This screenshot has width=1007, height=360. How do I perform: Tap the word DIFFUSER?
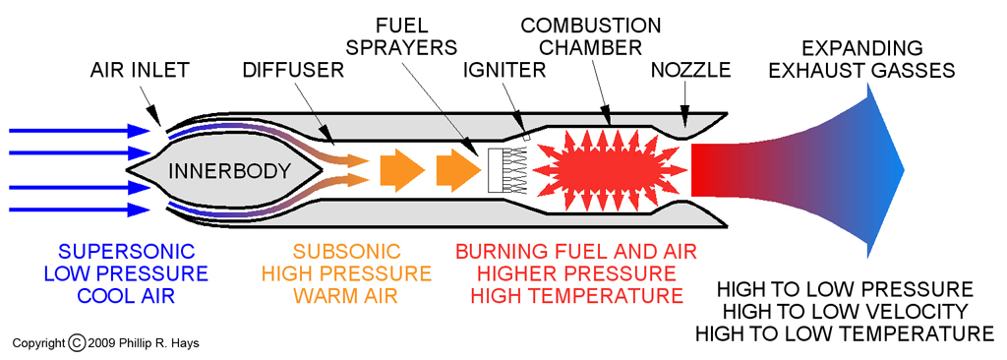point(293,70)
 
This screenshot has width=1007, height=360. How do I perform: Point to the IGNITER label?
point(504,70)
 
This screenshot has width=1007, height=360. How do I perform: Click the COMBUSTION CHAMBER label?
point(591,36)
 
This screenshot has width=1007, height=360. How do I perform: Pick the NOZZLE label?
point(691,70)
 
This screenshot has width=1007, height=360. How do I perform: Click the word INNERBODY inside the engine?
point(229,171)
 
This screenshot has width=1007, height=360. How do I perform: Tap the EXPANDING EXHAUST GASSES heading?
point(861,59)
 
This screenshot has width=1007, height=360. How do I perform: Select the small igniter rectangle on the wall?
point(526,136)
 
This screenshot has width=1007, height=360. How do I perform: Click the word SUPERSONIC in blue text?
point(127,252)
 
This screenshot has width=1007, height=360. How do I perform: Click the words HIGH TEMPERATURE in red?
point(576,296)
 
